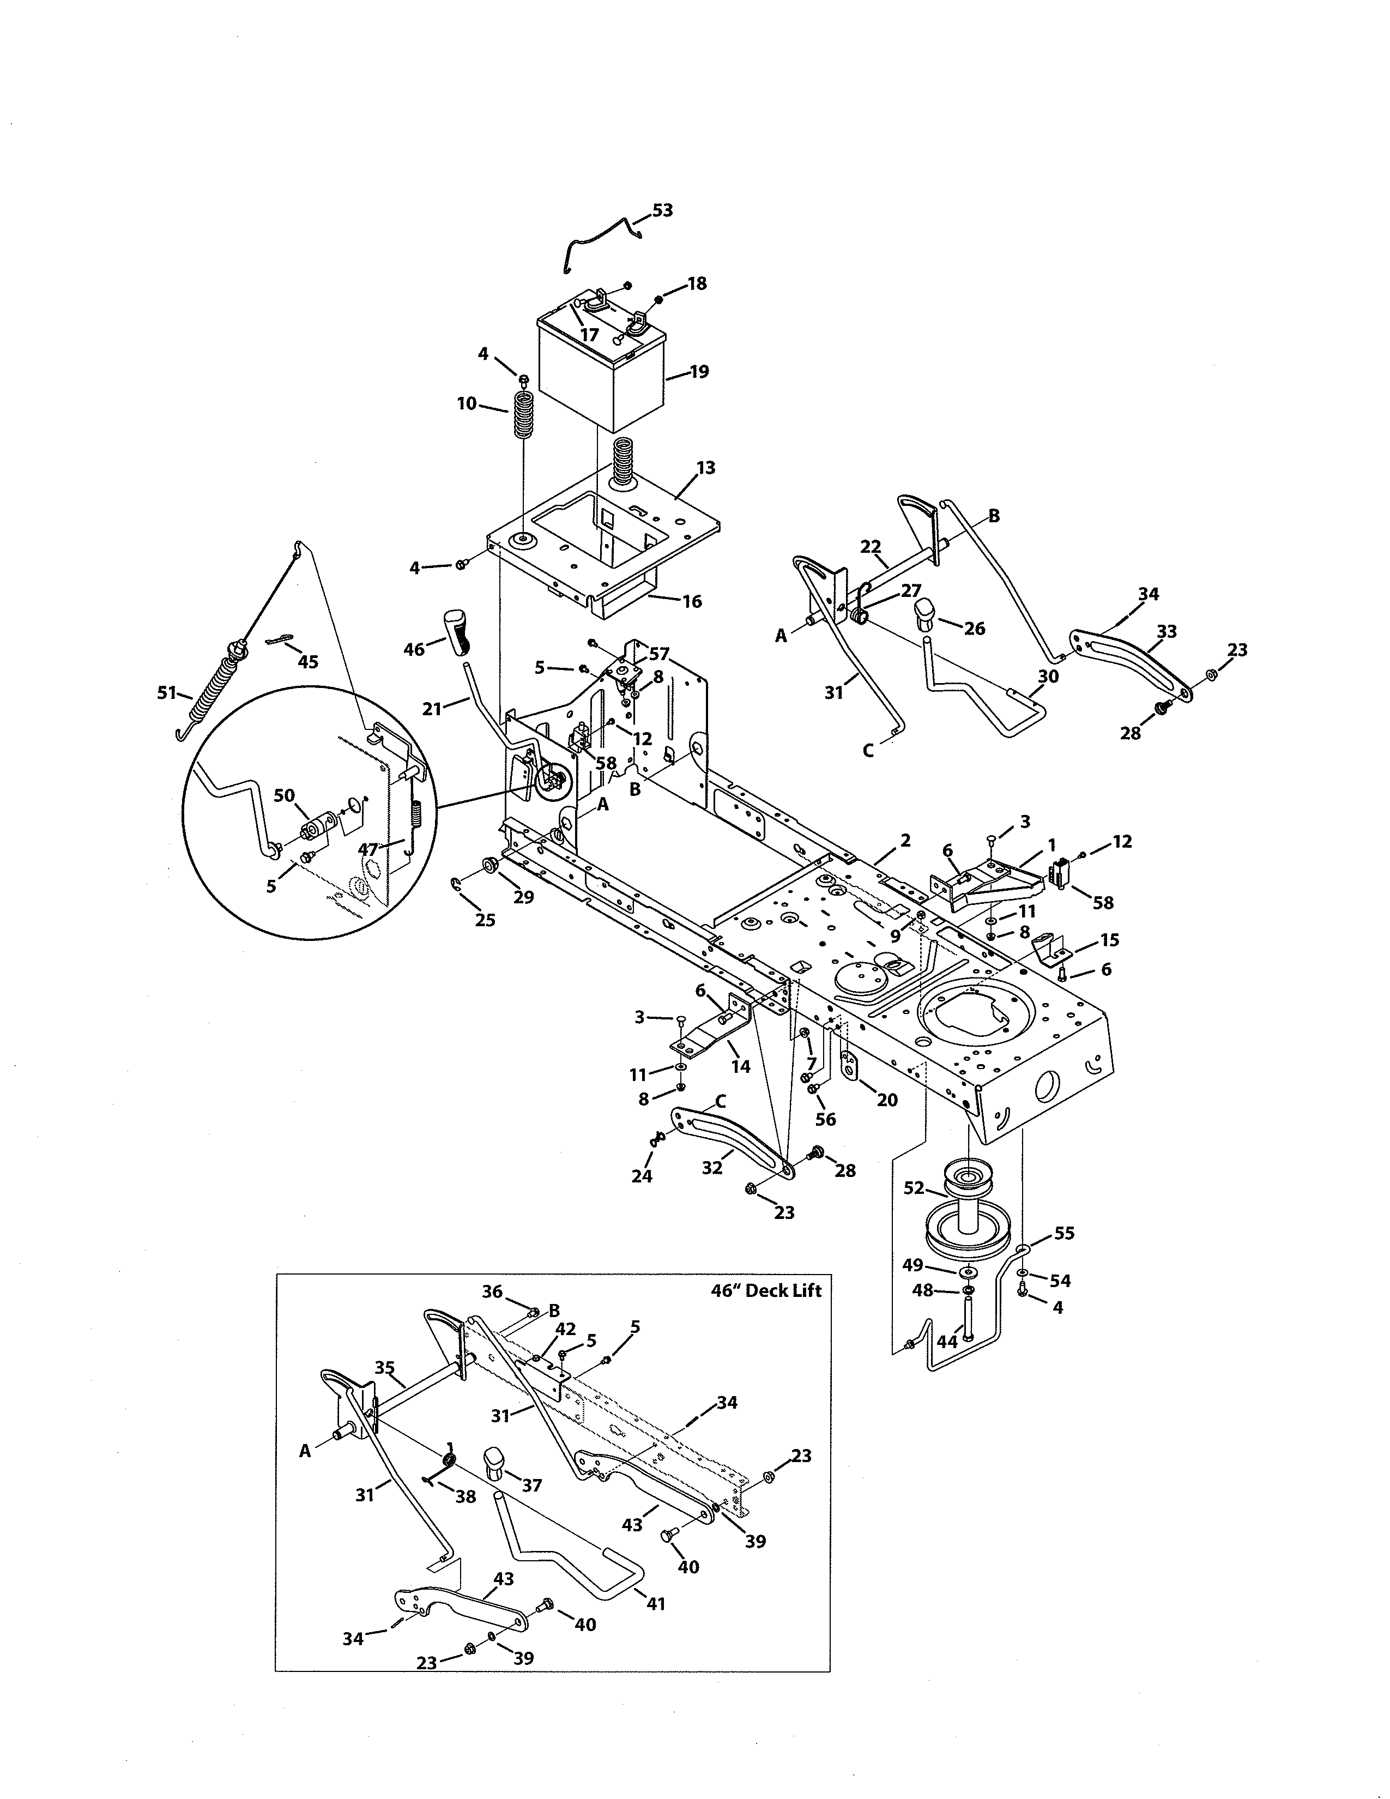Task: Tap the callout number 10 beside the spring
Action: tap(467, 403)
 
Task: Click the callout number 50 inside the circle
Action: tap(284, 795)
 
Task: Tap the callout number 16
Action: tap(692, 601)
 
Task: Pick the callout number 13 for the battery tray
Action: tap(706, 468)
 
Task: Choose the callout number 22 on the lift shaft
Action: tap(871, 546)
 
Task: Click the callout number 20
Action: tap(887, 1100)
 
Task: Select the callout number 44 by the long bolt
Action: tap(947, 1342)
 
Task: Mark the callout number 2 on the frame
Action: tap(905, 840)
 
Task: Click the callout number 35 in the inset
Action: tap(384, 1367)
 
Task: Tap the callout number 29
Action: tap(524, 897)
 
